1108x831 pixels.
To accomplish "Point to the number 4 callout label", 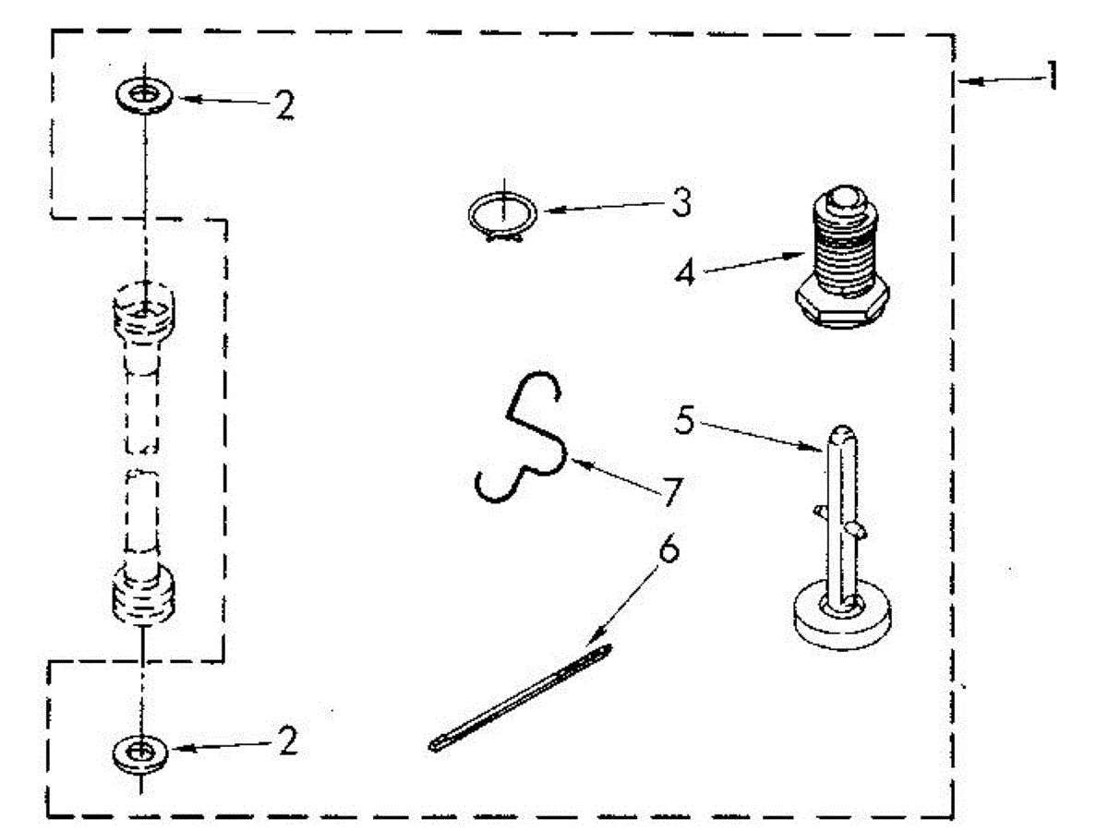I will (x=684, y=274).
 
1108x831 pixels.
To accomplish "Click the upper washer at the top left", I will (x=142, y=94).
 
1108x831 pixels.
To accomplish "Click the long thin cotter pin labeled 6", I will (x=522, y=698).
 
